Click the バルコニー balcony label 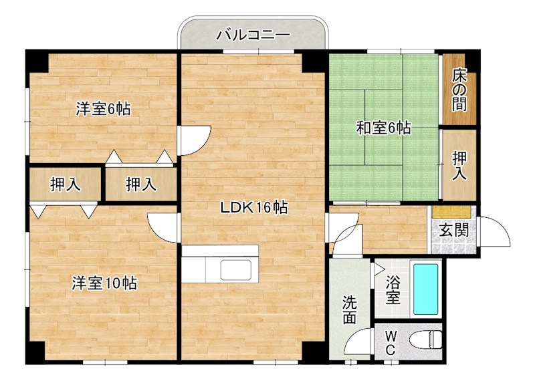tap(252, 34)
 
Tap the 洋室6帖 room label tap(102, 109)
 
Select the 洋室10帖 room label tap(104, 283)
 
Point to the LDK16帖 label tap(254, 208)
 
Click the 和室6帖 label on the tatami tap(383, 128)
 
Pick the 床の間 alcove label tap(459, 88)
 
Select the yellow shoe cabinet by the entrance tap(453, 211)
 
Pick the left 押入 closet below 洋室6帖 tap(65, 184)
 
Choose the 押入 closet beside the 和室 tap(459, 165)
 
